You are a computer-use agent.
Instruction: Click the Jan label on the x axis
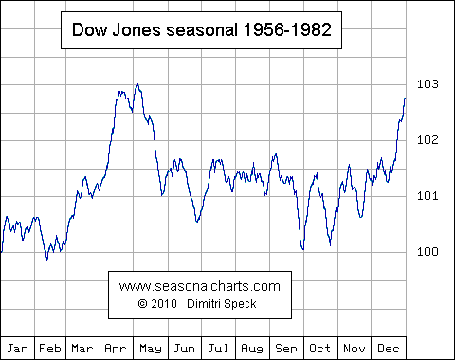point(17,348)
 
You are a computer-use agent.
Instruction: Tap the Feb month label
point(50,348)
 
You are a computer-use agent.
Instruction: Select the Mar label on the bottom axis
point(82,348)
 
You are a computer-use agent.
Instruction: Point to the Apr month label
point(117,348)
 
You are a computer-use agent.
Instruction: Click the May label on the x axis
point(150,348)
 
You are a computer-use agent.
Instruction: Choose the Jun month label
point(184,348)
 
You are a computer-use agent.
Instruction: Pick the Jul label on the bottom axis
point(218,348)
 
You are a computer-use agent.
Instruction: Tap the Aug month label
point(252,348)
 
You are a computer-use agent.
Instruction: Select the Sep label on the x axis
point(286,348)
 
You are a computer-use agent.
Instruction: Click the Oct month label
point(319,348)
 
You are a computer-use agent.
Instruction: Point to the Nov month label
point(354,348)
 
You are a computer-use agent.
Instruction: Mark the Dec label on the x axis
point(388,348)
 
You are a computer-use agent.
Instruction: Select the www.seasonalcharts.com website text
point(201,285)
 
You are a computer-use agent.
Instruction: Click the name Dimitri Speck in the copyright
point(224,303)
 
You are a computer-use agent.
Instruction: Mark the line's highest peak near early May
point(138,84)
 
